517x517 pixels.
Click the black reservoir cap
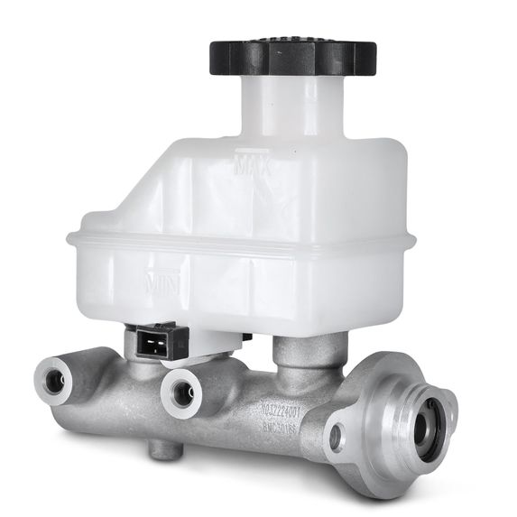[x=292, y=56]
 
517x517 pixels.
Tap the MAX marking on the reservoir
[x=255, y=167]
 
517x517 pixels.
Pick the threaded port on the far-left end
[x=54, y=381]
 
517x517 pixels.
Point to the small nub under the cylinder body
[x=162, y=448]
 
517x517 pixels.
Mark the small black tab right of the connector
[x=245, y=337]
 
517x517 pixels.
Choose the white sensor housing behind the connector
[x=213, y=340]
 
